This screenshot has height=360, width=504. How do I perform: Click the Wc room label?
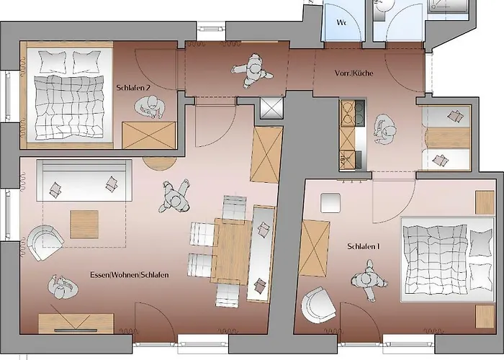pos(341,22)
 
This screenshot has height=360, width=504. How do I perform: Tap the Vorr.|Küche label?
pos(354,73)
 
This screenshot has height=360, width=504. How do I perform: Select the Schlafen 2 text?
pos(133,88)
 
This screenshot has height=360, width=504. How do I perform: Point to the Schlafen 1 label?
pos(364,246)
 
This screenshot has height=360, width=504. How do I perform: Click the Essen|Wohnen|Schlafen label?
pos(129,275)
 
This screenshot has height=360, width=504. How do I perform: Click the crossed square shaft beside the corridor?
pos(271,107)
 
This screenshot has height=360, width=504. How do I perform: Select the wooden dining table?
pos(231,251)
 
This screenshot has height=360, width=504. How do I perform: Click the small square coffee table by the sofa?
pos(84,225)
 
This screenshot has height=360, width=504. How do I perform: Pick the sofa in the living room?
pos(84,181)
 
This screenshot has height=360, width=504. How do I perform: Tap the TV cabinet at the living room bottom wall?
pos(76,323)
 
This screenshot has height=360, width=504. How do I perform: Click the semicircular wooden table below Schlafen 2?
pos(160,163)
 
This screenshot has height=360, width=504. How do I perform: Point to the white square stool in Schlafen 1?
pos(330,203)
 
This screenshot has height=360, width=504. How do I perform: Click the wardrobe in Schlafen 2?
pos(149,135)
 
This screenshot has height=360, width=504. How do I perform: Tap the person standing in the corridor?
pos(253,71)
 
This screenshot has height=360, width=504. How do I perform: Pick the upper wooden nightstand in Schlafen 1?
pos(485,202)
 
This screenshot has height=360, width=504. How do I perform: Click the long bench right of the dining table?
pos(261,254)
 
